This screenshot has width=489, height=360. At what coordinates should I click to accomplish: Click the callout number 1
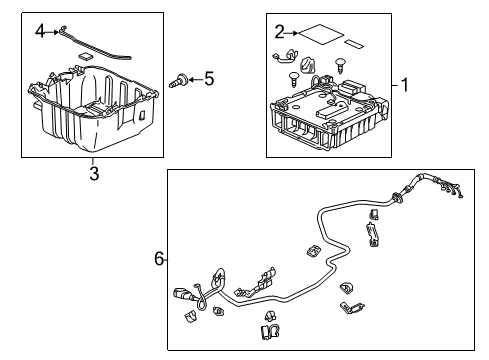(405, 85)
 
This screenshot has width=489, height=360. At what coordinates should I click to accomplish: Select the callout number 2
(280, 33)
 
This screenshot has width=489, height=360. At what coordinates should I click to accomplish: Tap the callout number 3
(94, 173)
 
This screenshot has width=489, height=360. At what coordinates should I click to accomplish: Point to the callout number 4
(40, 32)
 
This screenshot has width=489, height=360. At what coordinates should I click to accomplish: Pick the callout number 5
(209, 79)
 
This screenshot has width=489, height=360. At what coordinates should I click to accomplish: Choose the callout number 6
(159, 259)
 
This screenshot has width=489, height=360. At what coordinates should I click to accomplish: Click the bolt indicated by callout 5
(178, 80)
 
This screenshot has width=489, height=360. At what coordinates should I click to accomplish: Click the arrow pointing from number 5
(195, 79)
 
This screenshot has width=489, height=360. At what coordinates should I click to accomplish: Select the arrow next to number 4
(52, 32)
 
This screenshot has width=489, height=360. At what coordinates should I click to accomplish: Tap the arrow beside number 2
(292, 33)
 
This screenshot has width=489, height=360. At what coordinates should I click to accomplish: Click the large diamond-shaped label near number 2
(321, 34)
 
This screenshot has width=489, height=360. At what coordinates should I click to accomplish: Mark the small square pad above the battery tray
(85, 56)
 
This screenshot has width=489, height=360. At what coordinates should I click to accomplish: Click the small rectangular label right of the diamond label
(354, 44)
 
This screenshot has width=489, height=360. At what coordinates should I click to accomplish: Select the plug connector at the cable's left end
(182, 294)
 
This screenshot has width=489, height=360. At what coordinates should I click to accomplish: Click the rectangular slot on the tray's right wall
(142, 115)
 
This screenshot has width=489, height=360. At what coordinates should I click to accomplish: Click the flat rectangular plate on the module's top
(332, 112)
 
